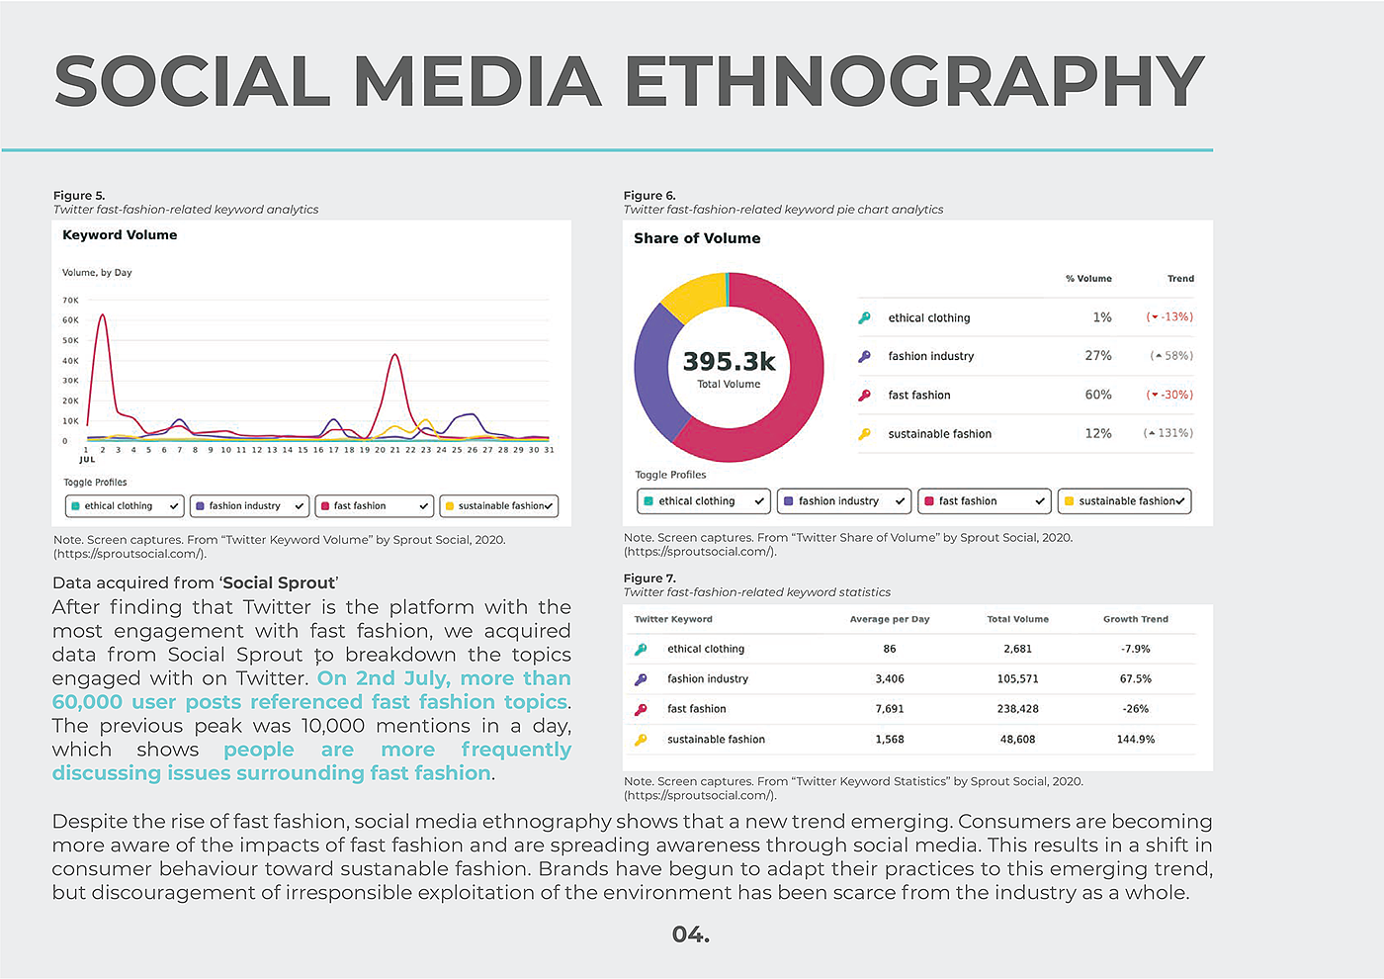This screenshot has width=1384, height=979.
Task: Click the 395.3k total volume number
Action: [729, 362]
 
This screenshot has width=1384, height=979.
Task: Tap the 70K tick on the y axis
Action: [70, 300]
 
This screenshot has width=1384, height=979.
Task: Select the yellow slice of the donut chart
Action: [692, 296]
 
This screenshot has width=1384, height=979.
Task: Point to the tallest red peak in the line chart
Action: [102, 316]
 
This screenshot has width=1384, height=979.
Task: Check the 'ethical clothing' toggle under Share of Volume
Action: [703, 501]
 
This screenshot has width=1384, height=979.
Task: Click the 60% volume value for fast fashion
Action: [1097, 395]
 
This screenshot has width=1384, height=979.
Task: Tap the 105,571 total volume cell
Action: [1017, 679]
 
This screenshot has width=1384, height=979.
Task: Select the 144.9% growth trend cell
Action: [1135, 740]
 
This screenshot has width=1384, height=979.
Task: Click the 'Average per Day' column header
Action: [889, 619]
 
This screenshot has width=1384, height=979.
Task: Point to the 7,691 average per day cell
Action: [889, 709]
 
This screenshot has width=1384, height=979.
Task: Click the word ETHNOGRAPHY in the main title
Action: [914, 81]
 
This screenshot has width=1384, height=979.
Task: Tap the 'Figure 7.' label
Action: [649, 578]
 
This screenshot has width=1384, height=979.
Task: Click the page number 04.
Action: [690, 934]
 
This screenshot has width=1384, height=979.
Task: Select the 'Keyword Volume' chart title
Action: [120, 235]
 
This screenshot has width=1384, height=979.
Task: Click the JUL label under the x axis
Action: [87, 460]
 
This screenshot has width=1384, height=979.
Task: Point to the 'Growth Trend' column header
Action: [1135, 619]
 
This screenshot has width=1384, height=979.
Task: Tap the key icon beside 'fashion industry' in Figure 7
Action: [641, 679]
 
